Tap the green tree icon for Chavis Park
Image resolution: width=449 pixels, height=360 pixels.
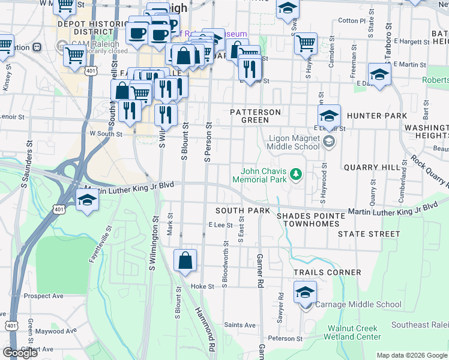coord(295,175)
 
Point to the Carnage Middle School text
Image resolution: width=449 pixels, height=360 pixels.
coord(358,305)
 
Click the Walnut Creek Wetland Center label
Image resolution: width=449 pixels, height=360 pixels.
coord(352,332)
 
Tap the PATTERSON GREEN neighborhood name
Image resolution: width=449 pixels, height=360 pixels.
coord(256,116)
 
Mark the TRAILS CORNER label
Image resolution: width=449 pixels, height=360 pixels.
coord(327,272)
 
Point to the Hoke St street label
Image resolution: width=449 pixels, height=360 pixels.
coord(202,287)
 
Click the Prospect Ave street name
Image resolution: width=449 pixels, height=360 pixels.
coord(44,296)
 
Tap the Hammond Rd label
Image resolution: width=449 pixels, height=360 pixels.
coord(205,329)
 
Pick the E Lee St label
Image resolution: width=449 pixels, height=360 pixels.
coord(220,224)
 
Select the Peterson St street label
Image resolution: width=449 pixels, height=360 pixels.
coord(285,338)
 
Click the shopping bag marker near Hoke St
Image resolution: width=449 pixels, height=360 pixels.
coord(185,261)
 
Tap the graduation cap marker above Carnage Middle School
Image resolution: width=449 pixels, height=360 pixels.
coord(305,293)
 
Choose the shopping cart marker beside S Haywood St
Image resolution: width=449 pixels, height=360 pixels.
coord(306,43)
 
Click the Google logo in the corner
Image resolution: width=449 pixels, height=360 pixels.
coord(20,353)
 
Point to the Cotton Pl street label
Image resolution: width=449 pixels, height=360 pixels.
coord(352,20)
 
